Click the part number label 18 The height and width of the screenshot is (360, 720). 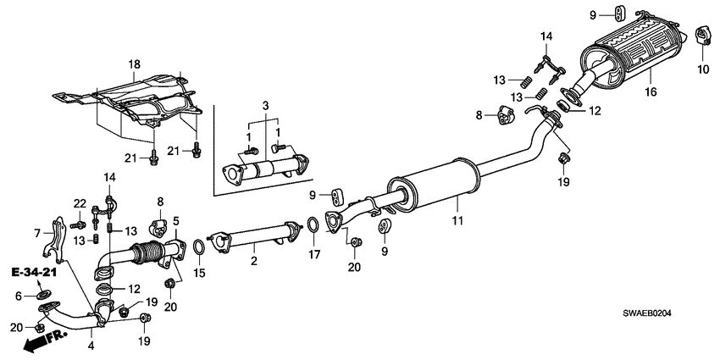point(133,64)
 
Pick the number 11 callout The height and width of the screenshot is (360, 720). point(456,222)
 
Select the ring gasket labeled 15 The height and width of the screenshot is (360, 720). point(198,246)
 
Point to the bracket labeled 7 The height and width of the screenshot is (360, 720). point(56,236)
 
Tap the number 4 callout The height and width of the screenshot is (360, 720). point(91,345)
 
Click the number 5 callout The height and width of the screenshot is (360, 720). point(175,221)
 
